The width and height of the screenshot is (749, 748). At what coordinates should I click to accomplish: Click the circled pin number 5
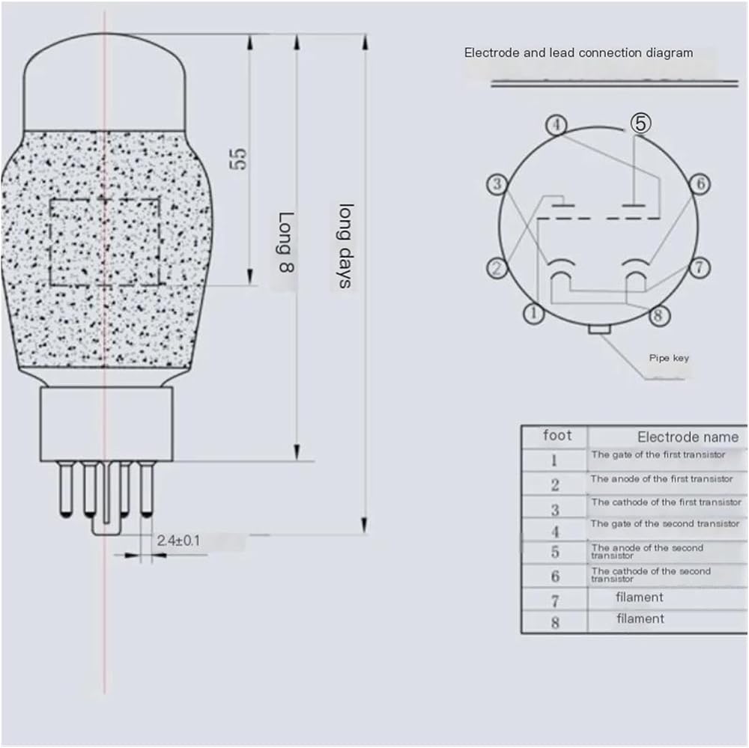[x=640, y=123]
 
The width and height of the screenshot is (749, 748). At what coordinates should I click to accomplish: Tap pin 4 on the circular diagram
[x=556, y=126]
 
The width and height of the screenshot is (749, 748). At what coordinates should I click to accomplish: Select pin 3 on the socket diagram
[x=497, y=184]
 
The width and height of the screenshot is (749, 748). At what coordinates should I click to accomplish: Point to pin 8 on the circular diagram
[x=658, y=315]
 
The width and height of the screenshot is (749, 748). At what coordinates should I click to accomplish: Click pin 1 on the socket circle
[x=533, y=314]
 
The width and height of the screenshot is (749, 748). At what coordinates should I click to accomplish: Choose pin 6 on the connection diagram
[x=700, y=184]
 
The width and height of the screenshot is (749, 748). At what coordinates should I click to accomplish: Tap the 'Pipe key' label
[x=669, y=358]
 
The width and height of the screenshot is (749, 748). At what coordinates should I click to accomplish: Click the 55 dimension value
[x=239, y=159]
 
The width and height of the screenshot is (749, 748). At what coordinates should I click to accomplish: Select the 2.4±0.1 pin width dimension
[x=178, y=541]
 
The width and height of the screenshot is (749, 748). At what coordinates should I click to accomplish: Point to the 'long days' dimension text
[x=345, y=246]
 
